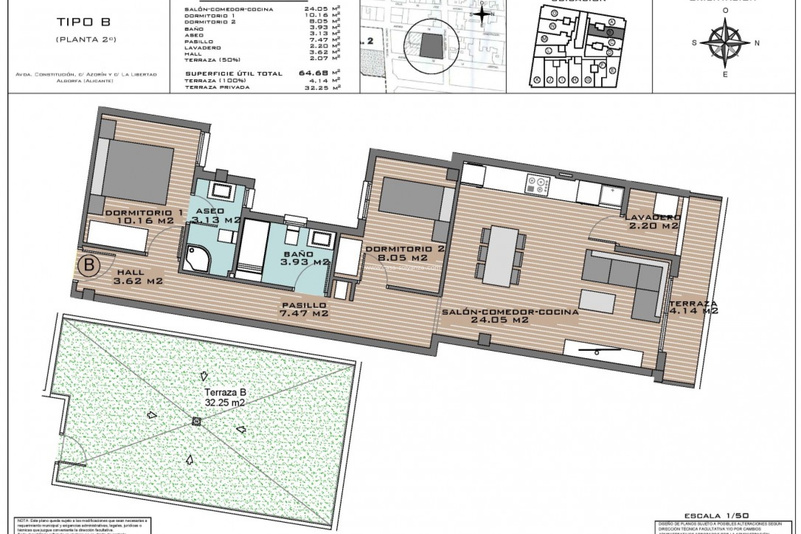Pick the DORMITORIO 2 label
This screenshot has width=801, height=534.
405,253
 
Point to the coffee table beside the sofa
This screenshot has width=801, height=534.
598,301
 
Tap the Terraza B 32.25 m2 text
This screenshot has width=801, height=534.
224,398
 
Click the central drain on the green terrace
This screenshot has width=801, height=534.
196,422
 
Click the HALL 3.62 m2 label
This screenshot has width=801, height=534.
138,277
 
